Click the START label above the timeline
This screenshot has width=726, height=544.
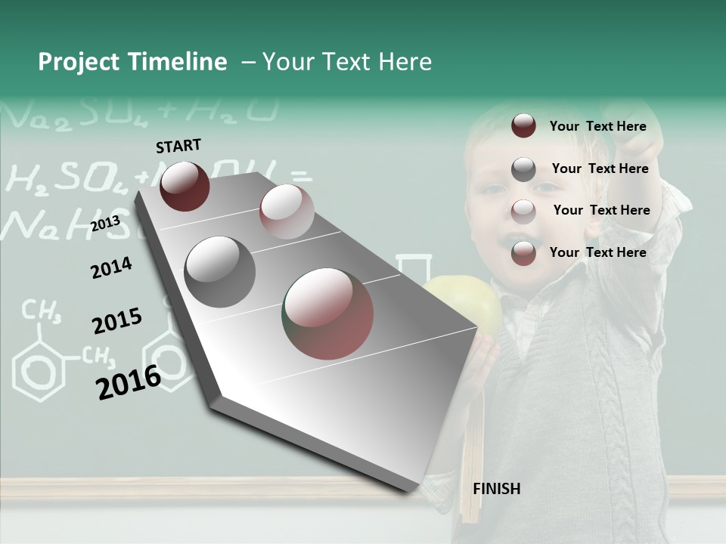[x=178, y=145]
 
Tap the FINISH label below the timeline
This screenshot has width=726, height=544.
[x=496, y=489]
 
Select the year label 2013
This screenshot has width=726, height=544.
[x=105, y=224]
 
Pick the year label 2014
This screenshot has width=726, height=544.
[x=111, y=267]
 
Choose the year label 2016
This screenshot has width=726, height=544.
[x=129, y=382]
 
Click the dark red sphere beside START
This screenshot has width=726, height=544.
[x=185, y=186]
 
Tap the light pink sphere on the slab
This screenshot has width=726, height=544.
[x=286, y=212]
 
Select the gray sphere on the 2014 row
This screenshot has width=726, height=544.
[x=220, y=272]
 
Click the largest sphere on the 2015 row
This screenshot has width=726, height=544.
[x=328, y=314]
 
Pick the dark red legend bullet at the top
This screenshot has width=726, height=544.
[x=523, y=126]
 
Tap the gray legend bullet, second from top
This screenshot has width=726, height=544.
[x=523, y=169]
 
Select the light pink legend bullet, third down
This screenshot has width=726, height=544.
[x=523, y=211]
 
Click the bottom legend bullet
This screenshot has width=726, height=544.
[x=523, y=253]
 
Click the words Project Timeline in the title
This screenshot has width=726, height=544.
[x=132, y=62]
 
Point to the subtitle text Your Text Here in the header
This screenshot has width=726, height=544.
[x=347, y=62]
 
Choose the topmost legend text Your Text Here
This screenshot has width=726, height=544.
[x=597, y=126]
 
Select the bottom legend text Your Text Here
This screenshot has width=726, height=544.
[x=597, y=252]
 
